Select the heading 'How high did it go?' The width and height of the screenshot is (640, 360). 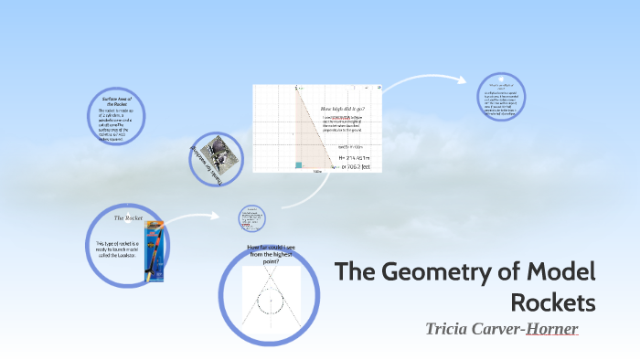[x=343, y=109]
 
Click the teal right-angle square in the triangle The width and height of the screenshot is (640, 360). [x=298, y=164]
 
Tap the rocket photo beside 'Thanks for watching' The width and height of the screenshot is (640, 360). [x=221, y=153]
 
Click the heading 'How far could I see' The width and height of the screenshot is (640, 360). [x=271, y=251]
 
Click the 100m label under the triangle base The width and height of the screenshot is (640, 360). [x=317, y=172]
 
